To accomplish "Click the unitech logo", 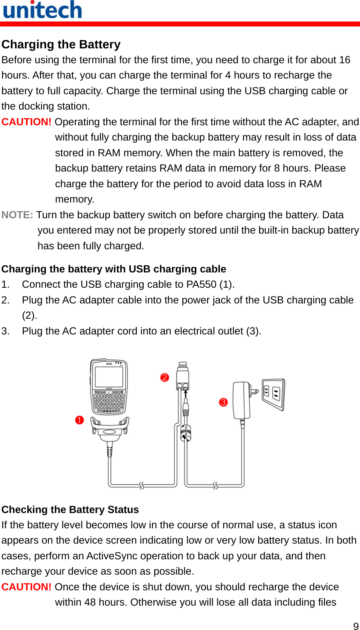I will tap(42, 10).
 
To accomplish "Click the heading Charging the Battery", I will tap(61, 44).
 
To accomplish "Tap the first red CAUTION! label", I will tap(26, 122).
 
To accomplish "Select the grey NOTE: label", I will tap(17, 215).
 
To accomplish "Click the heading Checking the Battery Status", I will tap(70, 509).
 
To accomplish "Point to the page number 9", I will tap(355, 626).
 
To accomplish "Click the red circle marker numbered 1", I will tap(79, 420).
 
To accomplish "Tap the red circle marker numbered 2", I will tap(165, 377).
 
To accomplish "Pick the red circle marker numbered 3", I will tap(223, 402).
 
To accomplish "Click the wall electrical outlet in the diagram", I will tap(273, 394).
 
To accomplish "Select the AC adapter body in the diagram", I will tap(241, 400).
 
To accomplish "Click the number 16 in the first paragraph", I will tap(344, 60).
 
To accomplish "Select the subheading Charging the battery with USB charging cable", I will tap(114, 269).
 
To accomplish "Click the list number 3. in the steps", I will tap(5, 331).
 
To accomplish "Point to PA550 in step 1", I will tap(201, 284).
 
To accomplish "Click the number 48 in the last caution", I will tap(90, 602).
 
